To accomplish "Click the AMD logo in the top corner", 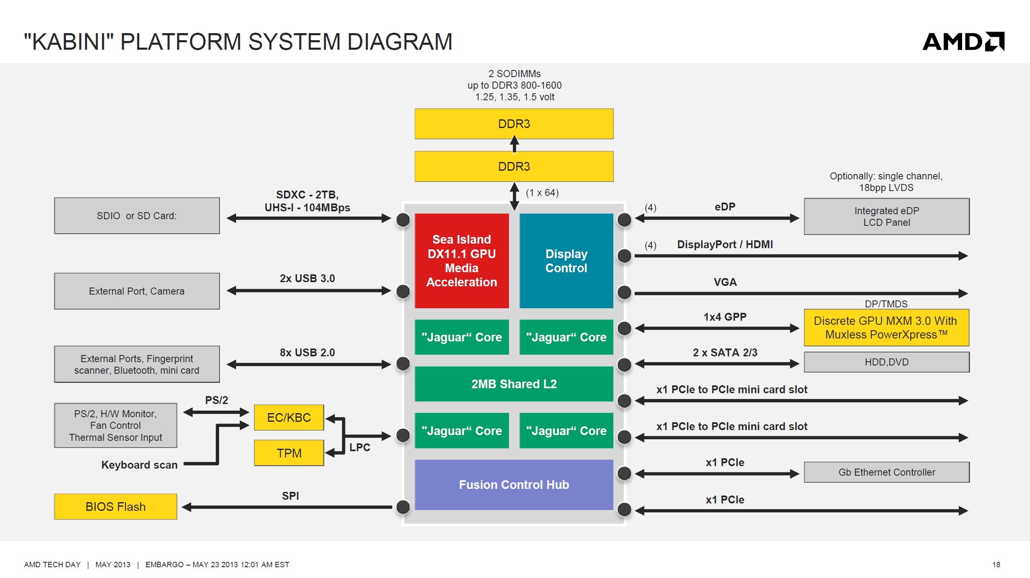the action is point(963,41).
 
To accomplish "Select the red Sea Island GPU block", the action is point(462,261).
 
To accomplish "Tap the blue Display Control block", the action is point(566,261).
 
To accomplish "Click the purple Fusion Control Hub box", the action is point(514,484).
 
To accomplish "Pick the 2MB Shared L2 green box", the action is point(514,384).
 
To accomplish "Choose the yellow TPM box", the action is point(289,453).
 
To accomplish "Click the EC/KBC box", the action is point(289,417).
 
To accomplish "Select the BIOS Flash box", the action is point(116,506).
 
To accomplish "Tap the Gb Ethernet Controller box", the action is point(887,472).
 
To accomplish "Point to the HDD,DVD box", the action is point(887,362).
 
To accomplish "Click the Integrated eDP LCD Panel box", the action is point(887,216).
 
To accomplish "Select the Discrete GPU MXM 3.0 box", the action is point(887,327).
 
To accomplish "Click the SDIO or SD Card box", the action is point(137,215).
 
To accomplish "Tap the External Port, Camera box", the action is point(137,291).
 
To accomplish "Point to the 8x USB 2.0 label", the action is point(307,353).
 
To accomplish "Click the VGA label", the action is point(725,282).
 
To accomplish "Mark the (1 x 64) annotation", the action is point(542,193).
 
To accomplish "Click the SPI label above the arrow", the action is point(290,496).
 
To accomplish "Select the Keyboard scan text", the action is point(140,465).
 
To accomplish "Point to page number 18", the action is point(996,564).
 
